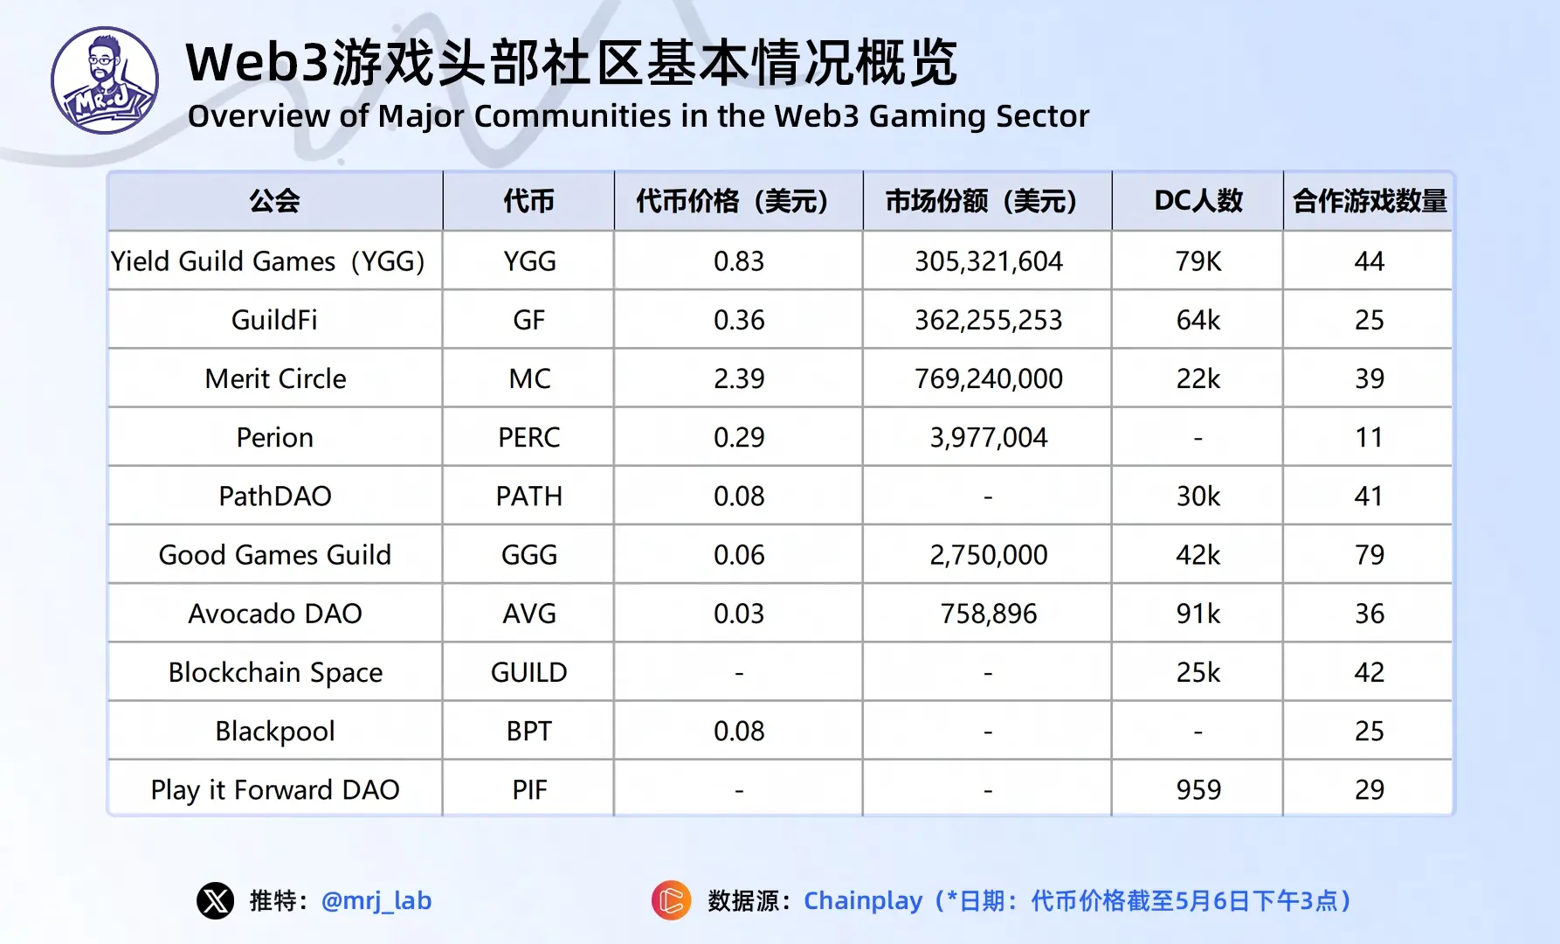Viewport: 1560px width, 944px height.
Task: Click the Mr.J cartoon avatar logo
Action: [x=105, y=80]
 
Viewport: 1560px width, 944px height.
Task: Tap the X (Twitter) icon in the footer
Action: [x=215, y=900]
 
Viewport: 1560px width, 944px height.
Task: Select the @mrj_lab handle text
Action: [x=376, y=900]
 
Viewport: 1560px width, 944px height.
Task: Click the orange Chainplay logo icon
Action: [x=671, y=900]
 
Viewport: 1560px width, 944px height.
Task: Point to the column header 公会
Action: [x=274, y=201]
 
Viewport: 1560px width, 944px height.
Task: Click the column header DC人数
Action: [x=1198, y=201]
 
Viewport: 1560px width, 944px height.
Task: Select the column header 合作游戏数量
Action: [x=1369, y=201]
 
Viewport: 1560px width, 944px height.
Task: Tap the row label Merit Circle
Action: [x=275, y=378]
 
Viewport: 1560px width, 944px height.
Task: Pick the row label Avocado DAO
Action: [x=275, y=614]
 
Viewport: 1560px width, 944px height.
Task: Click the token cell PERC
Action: [x=529, y=437]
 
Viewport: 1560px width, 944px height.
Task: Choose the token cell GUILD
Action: [x=529, y=672]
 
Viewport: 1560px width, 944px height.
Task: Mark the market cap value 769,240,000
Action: [x=988, y=378]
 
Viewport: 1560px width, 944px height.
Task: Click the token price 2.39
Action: [x=739, y=378]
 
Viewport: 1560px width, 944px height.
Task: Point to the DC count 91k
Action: [x=1198, y=614]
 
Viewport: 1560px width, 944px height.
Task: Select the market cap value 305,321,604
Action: [x=988, y=261]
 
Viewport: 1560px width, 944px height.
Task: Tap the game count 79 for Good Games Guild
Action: [x=1369, y=555]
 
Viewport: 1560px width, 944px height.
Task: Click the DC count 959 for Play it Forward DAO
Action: [x=1198, y=790]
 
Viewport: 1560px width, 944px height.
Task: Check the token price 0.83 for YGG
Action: [x=739, y=261]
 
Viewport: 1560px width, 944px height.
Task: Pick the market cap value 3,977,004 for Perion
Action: [x=988, y=437]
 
